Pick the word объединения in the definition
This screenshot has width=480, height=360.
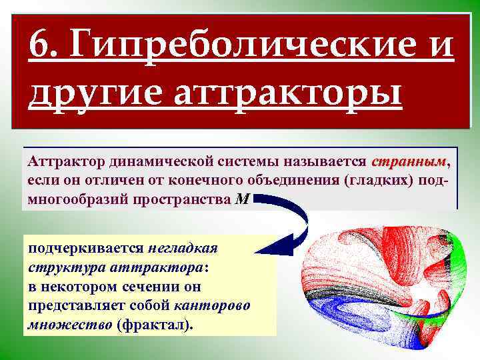290,181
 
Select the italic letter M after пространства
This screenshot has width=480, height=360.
243,199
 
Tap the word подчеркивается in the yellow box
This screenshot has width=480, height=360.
86,248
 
